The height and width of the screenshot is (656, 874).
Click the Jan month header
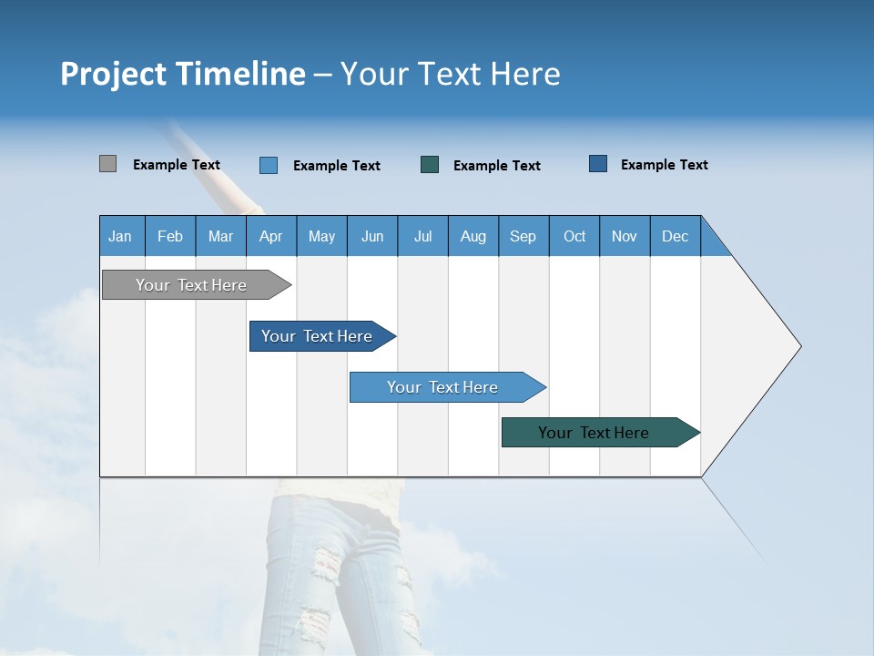[121, 236]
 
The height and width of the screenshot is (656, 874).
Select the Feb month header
[170, 236]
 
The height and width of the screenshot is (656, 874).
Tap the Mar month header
[220, 236]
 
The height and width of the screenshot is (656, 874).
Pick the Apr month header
[271, 236]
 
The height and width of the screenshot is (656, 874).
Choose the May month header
[321, 236]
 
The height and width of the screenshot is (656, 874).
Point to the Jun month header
[372, 236]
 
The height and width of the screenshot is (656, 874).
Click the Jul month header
[422, 236]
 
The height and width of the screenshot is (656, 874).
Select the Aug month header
[473, 236]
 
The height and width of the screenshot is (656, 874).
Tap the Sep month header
[523, 236]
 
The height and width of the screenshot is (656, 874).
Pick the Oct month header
[574, 236]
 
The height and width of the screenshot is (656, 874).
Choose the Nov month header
[625, 236]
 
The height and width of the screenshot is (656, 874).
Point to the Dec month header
[676, 236]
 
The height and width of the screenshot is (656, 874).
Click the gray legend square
[107, 164]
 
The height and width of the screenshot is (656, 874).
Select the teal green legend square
[430, 164]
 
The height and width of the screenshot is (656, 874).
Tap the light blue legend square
[269, 165]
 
